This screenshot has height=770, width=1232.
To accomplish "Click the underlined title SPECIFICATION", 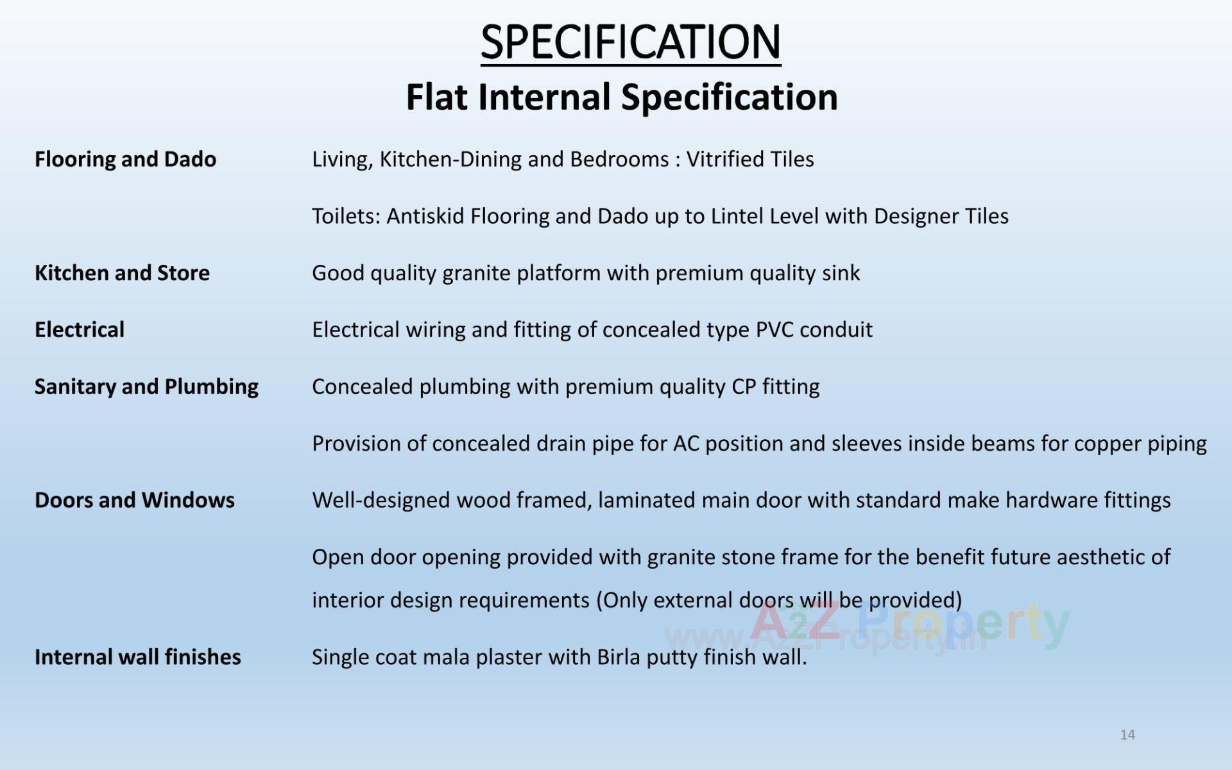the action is pos(631,42).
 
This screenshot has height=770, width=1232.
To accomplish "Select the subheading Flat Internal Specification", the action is pos(622,97).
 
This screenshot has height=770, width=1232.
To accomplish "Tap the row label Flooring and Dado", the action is pos(125,159).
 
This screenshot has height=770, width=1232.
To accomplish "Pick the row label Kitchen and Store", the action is pos(122,273).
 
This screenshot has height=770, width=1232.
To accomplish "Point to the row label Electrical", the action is pos(80,330).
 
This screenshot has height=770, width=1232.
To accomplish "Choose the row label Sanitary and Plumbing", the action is pos(146,387).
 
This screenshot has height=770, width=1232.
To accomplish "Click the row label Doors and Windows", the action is pos(135,500).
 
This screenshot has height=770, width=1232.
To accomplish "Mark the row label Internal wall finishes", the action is pos(138,657).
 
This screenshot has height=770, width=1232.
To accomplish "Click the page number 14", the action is pos(1127,735).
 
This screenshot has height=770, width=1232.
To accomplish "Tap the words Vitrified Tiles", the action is pos(750,159).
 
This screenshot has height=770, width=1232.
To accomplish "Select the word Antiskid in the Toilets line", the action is pos(425,216).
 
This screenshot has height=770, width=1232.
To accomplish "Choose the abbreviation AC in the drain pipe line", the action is pos(686,444).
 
